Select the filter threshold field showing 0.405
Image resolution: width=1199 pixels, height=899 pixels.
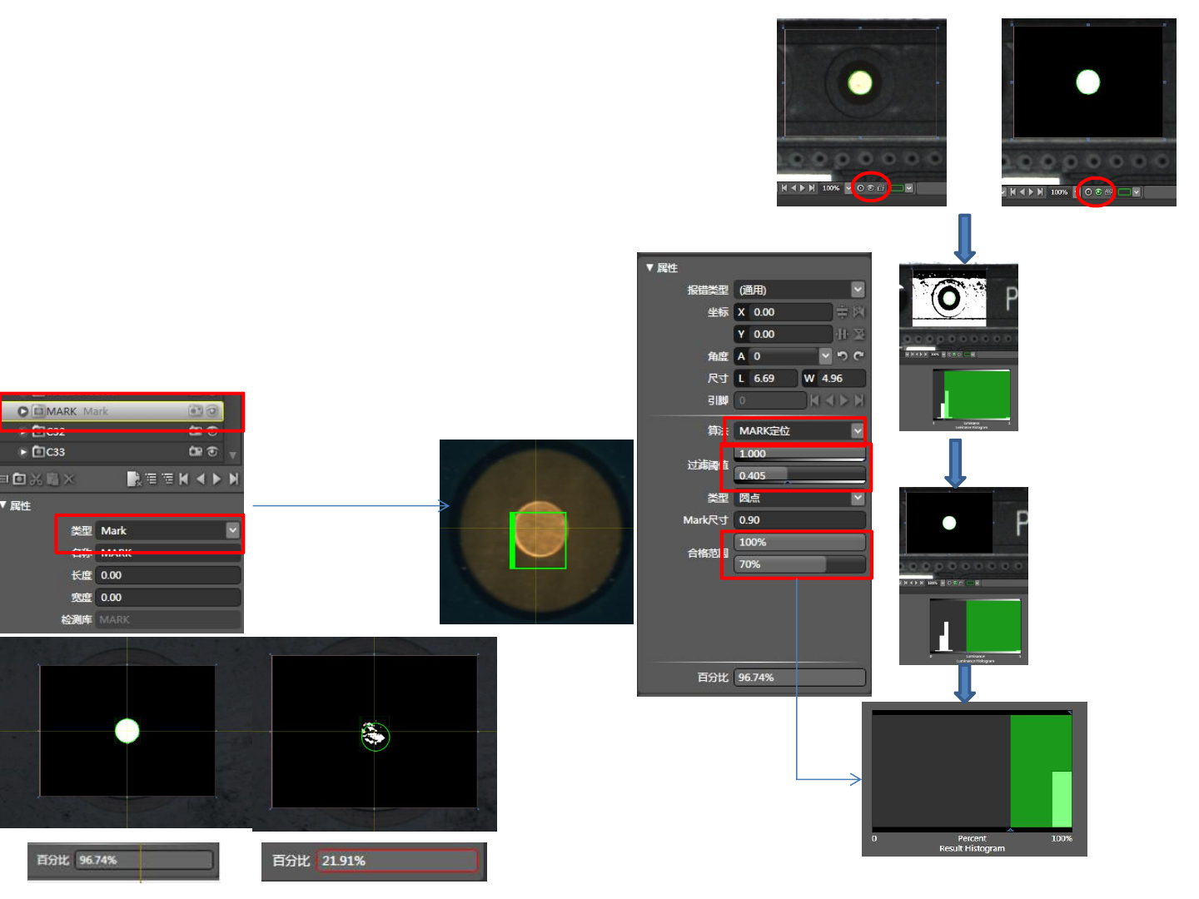[x=799, y=475]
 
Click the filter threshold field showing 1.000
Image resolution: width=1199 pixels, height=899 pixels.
[x=799, y=454]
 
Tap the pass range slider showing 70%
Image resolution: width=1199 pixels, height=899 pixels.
[x=799, y=564]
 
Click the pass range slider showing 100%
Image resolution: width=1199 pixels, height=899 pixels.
[x=799, y=542]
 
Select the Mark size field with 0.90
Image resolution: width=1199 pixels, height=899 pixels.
[x=799, y=520]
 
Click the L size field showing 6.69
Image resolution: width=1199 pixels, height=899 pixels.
[x=766, y=378]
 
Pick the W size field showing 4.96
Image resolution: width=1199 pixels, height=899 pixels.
[x=833, y=378]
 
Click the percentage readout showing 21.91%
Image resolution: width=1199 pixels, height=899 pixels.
[x=397, y=861]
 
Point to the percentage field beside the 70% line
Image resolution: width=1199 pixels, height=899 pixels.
[x=799, y=678]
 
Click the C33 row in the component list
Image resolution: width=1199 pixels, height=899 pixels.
[x=56, y=452]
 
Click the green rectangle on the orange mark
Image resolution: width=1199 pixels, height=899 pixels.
[x=539, y=540]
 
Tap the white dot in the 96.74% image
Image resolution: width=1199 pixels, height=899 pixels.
[x=127, y=731]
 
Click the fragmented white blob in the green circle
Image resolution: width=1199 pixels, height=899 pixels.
[x=375, y=735]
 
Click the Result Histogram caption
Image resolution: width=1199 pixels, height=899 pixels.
[x=972, y=848]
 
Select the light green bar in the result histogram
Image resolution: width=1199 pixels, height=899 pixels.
[x=1062, y=799]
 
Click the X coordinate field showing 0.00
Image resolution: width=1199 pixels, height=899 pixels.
[x=790, y=312]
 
